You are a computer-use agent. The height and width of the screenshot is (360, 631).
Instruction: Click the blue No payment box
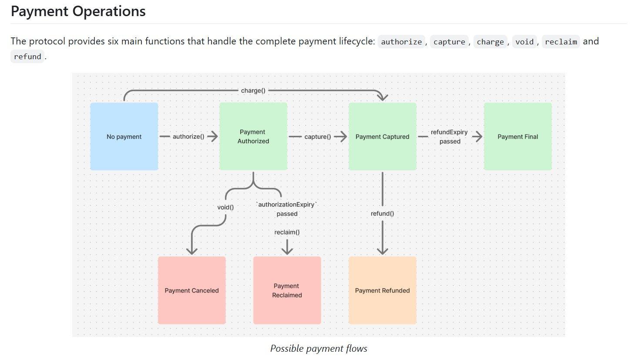(x=124, y=136)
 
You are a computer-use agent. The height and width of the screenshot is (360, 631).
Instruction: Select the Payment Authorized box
(x=253, y=136)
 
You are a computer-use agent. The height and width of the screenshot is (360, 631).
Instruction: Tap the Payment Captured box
(x=382, y=136)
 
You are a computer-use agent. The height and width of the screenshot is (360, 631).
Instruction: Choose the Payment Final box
(x=517, y=136)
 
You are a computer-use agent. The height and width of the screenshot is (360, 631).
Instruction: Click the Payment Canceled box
(x=191, y=290)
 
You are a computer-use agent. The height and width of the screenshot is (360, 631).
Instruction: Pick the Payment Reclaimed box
(x=287, y=290)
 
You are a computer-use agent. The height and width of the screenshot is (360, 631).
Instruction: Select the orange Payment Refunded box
(x=382, y=290)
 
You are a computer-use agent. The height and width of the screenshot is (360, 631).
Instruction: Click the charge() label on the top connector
(x=253, y=90)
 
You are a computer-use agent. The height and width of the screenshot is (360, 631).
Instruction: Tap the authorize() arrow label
(x=188, y=137)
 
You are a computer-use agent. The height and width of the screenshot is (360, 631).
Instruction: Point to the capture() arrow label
(x=318, y=137)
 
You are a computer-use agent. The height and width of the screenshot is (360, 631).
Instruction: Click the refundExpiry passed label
(x=449, y=137)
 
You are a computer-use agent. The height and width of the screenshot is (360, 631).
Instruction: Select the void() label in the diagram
(x=225, y=207)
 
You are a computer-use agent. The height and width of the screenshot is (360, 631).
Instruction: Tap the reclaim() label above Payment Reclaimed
(x=287, y=232)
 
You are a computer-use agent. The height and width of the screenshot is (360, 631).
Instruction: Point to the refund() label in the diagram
(x=382, y=213)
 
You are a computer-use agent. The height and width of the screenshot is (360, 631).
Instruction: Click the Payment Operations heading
(x=78, y=11)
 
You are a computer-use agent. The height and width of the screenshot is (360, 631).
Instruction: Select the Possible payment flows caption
(x=319, y=349)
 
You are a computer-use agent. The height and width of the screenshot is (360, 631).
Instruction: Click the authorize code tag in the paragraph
(x=401, y=42)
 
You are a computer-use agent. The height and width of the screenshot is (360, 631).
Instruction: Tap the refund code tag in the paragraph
(x=27, y=57)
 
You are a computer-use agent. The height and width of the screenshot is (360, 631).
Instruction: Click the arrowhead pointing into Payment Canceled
(x=191, y=251)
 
